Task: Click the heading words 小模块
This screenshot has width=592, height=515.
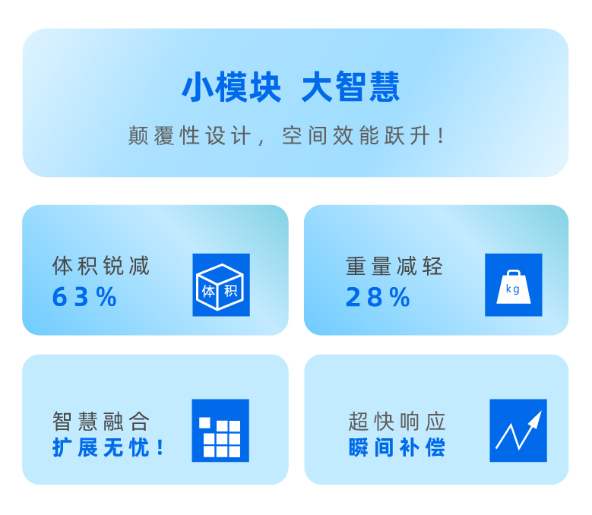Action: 232,87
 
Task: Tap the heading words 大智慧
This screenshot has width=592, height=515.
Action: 351,87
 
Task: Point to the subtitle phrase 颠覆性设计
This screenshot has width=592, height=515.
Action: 189,136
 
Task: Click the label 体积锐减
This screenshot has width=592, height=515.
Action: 101,266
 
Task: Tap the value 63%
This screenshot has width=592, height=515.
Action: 84,297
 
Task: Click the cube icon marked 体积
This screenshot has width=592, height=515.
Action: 221,285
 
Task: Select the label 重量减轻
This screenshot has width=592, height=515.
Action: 394,266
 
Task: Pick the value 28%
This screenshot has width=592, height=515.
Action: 378,297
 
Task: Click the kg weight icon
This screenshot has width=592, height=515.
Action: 514,285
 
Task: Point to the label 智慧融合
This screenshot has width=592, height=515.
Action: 101,421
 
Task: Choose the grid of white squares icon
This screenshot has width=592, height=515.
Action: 220,431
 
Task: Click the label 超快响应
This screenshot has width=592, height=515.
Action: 397,421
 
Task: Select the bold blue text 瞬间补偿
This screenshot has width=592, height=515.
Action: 397,448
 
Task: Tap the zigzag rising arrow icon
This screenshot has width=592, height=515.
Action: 518,431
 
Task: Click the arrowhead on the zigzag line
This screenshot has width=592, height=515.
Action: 537,418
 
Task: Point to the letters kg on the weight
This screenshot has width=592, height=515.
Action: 513,289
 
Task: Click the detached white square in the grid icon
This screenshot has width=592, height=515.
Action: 204,423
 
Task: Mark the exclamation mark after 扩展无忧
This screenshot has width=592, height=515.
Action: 160,448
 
